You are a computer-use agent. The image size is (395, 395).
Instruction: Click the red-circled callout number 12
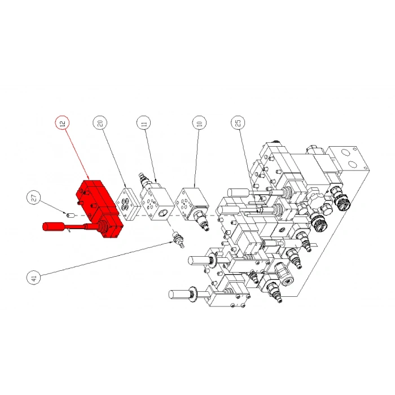(x=62, y=122)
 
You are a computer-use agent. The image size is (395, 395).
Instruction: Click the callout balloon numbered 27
(x=34, y=199)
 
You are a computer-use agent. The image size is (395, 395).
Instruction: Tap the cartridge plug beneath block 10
(x=200, y=222)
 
